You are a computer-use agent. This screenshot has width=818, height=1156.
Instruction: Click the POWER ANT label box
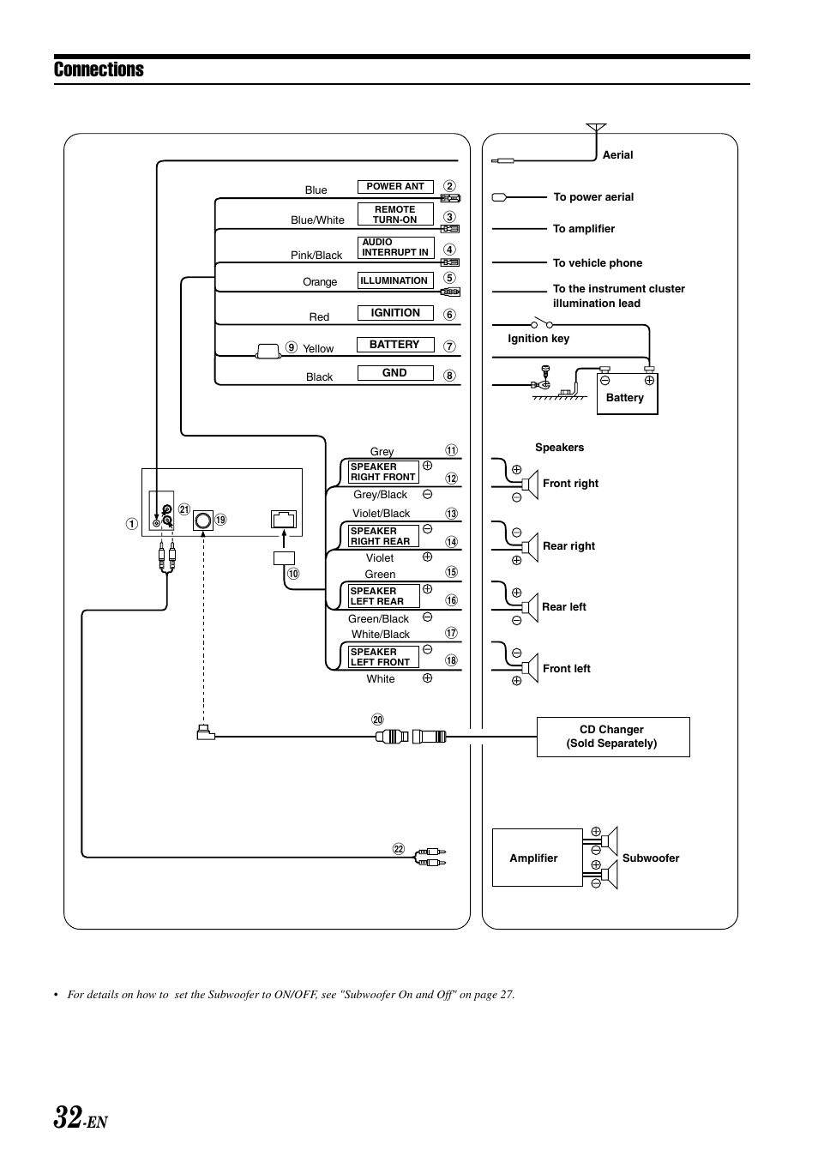coord(395,187)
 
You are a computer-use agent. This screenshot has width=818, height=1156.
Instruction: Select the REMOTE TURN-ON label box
coord(395,214)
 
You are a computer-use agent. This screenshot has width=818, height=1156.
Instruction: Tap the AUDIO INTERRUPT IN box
coord(395,247)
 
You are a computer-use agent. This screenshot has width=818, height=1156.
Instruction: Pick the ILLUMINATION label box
coord(394,280)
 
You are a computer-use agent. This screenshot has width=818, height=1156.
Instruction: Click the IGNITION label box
coord(395,313)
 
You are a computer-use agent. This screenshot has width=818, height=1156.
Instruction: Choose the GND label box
coord(395,373)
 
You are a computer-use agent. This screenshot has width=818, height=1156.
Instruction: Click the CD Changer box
coord(612,737)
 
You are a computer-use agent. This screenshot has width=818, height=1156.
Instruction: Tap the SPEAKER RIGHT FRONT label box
coord(383,473)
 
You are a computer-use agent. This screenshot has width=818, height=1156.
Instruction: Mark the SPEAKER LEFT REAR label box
coord(383,596)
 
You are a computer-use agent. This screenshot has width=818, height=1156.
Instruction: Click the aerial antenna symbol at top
coord(596,129)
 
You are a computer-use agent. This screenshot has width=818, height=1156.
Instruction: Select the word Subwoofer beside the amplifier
coord(651,858)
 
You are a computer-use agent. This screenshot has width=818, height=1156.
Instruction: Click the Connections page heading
coord(99,70)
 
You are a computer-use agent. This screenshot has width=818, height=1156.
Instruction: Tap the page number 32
coord(69,1117)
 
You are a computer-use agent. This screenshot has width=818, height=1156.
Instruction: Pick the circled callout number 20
coord(377,719)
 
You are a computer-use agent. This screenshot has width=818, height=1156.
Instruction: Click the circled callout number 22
coord(398,850)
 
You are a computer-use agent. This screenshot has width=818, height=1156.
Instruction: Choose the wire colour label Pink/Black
coord(316,256)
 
